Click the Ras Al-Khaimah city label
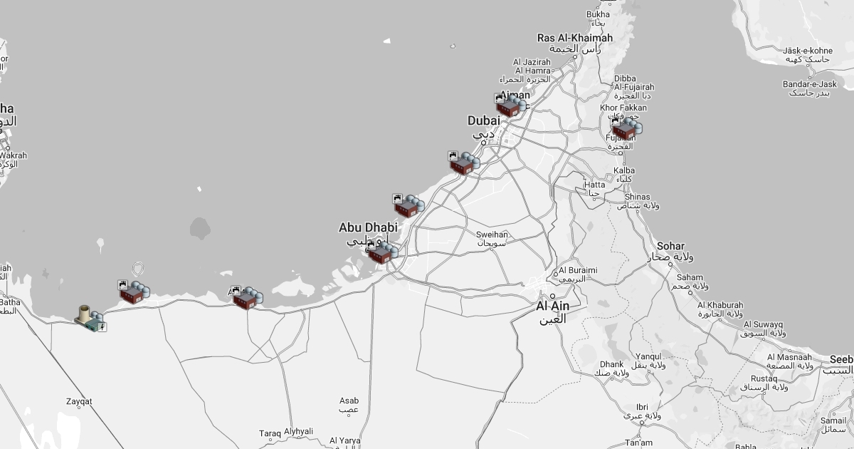[575, 38]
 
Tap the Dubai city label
[483, 121]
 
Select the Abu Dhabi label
[368, 228]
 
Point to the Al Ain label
[552, 306]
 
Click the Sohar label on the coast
[670, 246]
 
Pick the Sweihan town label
[492, 234]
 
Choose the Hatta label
[594, 185]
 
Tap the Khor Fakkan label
[623, 108]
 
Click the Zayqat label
[79, 402]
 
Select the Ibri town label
[642, 407]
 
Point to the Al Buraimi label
[578, 271]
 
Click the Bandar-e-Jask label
[810, 85]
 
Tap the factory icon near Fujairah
[626, 129]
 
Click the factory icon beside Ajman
[510, 106]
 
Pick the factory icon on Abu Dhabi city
[382, 253]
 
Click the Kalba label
[624, 171]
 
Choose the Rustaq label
[764, 378]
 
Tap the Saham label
[690, 278]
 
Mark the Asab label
[349, 401]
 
